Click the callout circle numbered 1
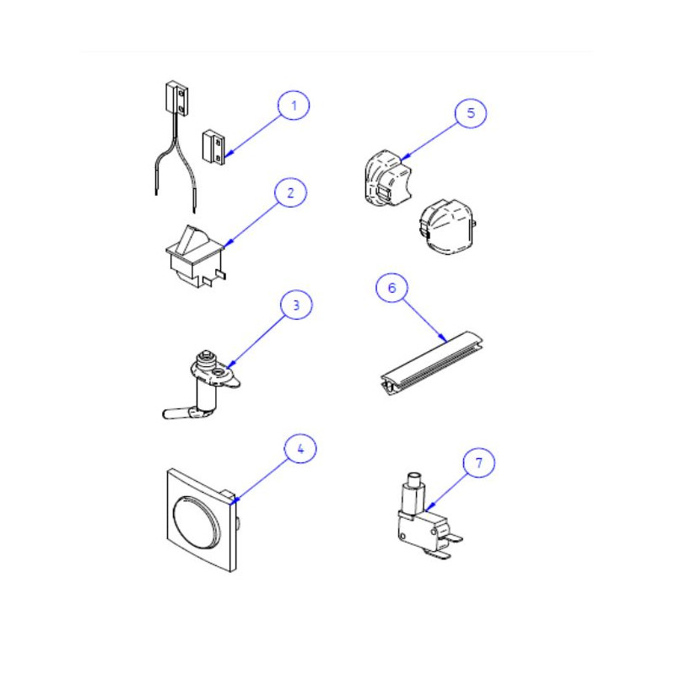pyautogui.click(x=294, y=105)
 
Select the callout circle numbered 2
pyautogui.click(x=290, y=192)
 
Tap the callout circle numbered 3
pyautogui.click(x=296, y=305)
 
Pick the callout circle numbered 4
pyautogui.click(x=300, y=449)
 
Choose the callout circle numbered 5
pyautogui.click(x=471, y=113)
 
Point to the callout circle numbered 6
pyautogui.click(x=391, y=288)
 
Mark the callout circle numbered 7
pyautogui.click(x=478, y=462)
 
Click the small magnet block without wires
pyautogui.click(x=213, y=147)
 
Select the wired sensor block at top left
pyautogui.click(x=176, y=98)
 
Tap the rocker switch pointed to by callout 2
pyautogui.click(x=196, y=256)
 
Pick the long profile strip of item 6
pyautogui.click(x=431, y=363)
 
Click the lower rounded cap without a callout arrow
pyautogui.click(x=449, y=226)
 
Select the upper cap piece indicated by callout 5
pyautogui.click(x=387, y=177)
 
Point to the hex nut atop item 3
pyautogui.click(x=207, y=356)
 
